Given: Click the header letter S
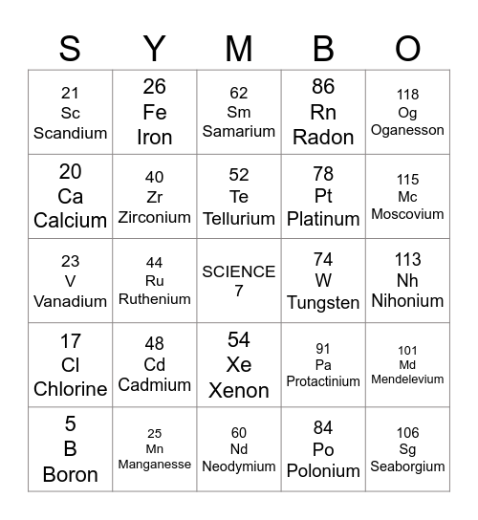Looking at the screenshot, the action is (x=70, y=48).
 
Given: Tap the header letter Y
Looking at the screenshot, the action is (x=154, y=48).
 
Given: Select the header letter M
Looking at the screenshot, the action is (x=239, y=48).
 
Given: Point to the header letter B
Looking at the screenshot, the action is (x=323, y=48).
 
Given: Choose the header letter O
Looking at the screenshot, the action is (x=407, y=48).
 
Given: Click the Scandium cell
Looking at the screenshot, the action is (x=70, y=113).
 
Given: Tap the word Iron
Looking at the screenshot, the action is (x=154, y=137).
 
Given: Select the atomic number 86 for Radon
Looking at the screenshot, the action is (x=323, y=86).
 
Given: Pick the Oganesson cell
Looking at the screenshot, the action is (x=407, y=113).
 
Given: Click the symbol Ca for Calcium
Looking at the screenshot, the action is (x=70, y=196).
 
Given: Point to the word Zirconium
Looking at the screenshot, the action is (x=154, y=217).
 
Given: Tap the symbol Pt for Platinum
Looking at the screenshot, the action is (x=323, y=196).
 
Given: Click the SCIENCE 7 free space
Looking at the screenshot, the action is (x=239, y=281).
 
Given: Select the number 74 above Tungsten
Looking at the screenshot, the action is (x=323, y=259).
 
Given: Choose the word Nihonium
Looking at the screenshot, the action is (x=407, y=301).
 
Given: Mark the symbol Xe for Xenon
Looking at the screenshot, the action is (x=239, y=365).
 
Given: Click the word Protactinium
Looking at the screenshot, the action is (x=323, y=381).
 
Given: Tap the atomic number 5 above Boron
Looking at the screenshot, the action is (x=70, y=423).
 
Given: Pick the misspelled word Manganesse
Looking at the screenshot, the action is (x=154, y=465).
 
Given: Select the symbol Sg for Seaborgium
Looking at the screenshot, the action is (x=407, y=450).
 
